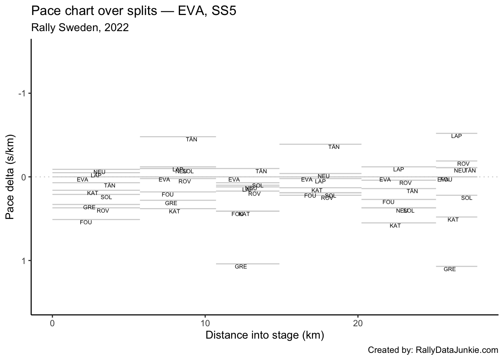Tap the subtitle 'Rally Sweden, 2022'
click(80, 28)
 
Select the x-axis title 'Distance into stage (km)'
click(265, 335)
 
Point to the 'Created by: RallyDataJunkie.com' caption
click(433, 350)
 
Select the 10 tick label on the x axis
click(205, 323)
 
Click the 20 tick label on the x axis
click(358, 323)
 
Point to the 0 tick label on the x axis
click(52, 323)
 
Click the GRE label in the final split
click(450, 269)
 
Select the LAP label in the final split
click(456, 136)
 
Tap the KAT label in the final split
click(453, 220)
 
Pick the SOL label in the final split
click(466, 198)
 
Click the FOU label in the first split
click(86, 222)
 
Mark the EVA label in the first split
click(82, 180)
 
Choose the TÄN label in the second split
click(191, 139)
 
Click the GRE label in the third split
click(241, 267)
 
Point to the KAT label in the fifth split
click(395, 226)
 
